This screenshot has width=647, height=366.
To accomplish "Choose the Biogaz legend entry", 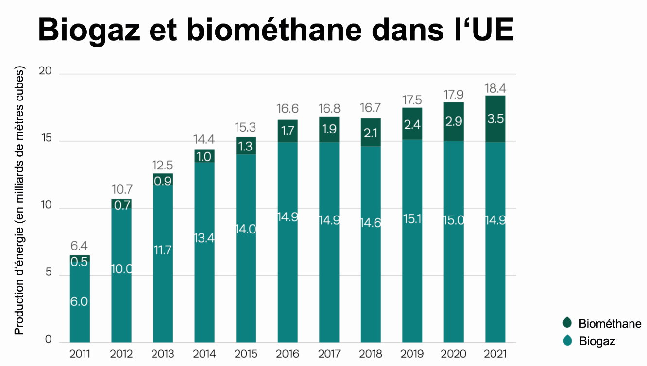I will [597, 341].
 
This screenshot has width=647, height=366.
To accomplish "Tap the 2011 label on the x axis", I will [80, 353].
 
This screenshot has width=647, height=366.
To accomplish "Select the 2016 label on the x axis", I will [288, 353].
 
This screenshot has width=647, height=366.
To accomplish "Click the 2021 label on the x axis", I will [495, 353].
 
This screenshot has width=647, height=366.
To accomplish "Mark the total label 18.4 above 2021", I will [495, 88].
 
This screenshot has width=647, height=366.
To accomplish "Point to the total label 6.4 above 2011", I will [80, 246].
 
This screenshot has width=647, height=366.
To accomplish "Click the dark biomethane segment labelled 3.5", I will [495, 119].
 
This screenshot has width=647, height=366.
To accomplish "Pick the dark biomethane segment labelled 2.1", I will [371, 132].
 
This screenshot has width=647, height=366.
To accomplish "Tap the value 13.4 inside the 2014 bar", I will [204, 238].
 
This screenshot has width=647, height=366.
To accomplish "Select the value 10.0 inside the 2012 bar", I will [121, 268].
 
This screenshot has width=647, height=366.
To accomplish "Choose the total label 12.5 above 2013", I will [163, 166].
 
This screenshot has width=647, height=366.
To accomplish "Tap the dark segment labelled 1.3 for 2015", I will [246, 146].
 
